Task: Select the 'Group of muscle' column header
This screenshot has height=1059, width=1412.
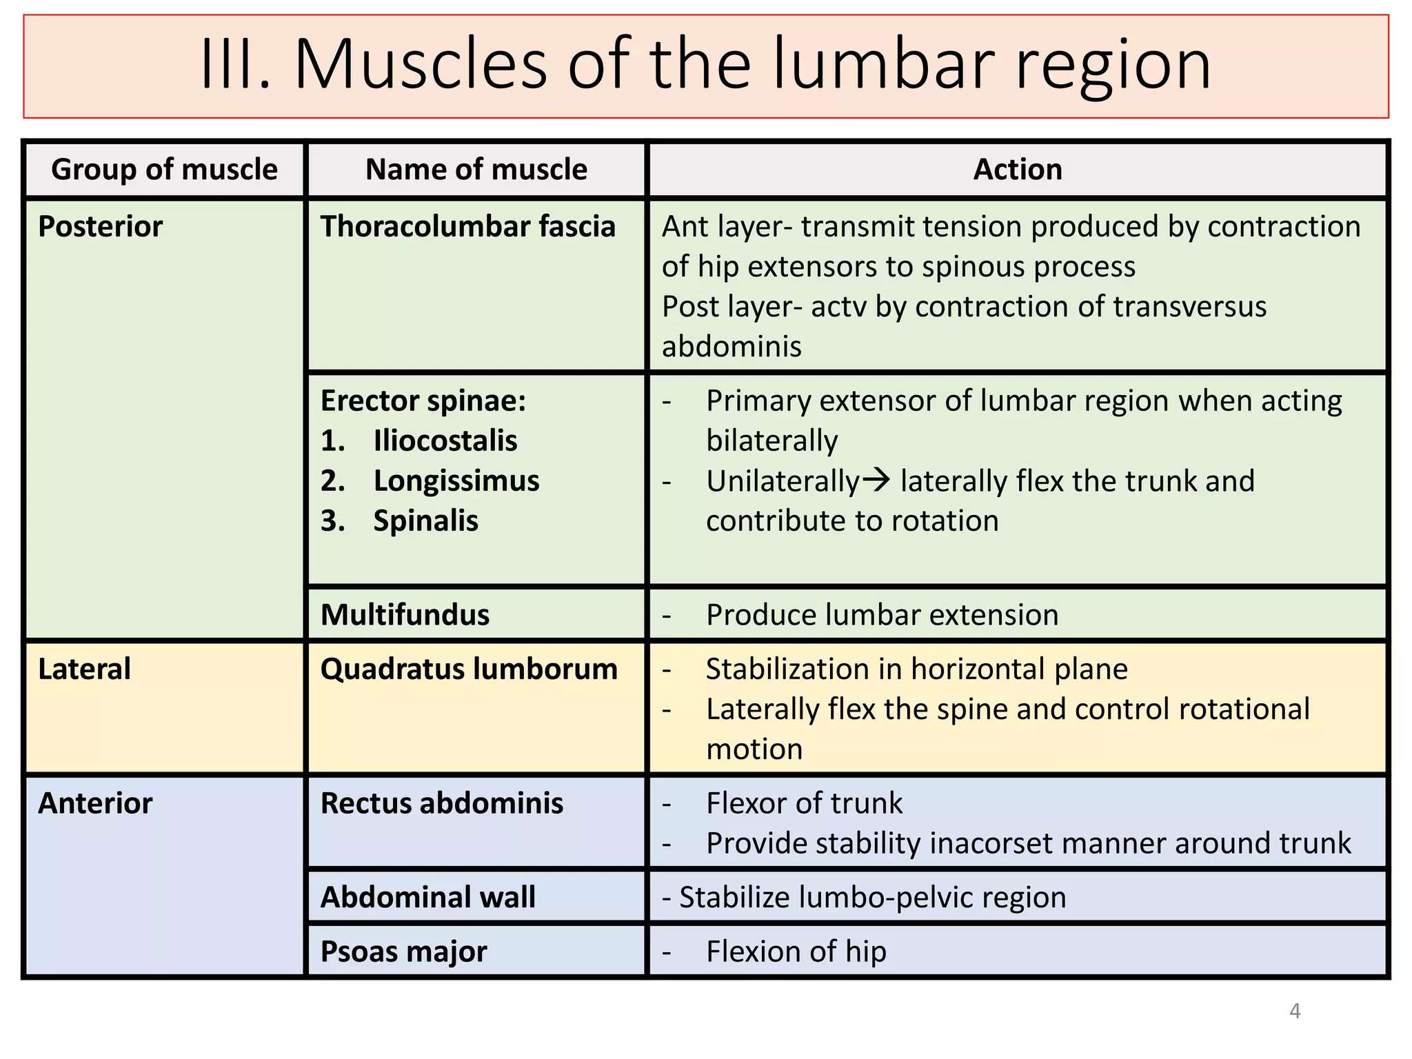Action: pos(164,170)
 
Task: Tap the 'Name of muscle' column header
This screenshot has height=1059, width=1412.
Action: pos(476,170)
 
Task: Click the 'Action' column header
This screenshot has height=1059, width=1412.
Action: pos(1017,170)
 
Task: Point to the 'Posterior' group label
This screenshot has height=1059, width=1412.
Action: pos(100,227)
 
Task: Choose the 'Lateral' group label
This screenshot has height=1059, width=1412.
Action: pos(84,669)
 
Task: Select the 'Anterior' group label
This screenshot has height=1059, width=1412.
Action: pos(95,803)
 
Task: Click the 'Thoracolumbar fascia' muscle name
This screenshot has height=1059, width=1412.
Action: pos(467,227)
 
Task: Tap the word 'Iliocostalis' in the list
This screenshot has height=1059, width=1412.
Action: pos(445,441)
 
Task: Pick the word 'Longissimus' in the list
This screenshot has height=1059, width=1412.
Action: pos(456,481)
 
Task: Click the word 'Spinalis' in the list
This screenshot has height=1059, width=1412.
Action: pos(425,521)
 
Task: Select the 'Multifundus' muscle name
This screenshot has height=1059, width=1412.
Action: pos(405,615)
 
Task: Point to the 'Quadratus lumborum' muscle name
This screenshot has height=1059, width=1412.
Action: pos(469,669)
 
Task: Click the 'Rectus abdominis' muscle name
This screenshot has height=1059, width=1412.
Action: pos(441,803)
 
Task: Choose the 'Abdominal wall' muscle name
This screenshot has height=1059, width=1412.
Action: pos(427,897)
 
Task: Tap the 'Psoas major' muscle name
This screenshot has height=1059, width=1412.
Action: pos(403,951)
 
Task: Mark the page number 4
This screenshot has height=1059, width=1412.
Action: pos(1295,1011)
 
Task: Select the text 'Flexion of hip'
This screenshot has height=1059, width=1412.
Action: pos(796,951)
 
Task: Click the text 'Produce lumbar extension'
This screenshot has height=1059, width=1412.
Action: pos(882,615)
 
